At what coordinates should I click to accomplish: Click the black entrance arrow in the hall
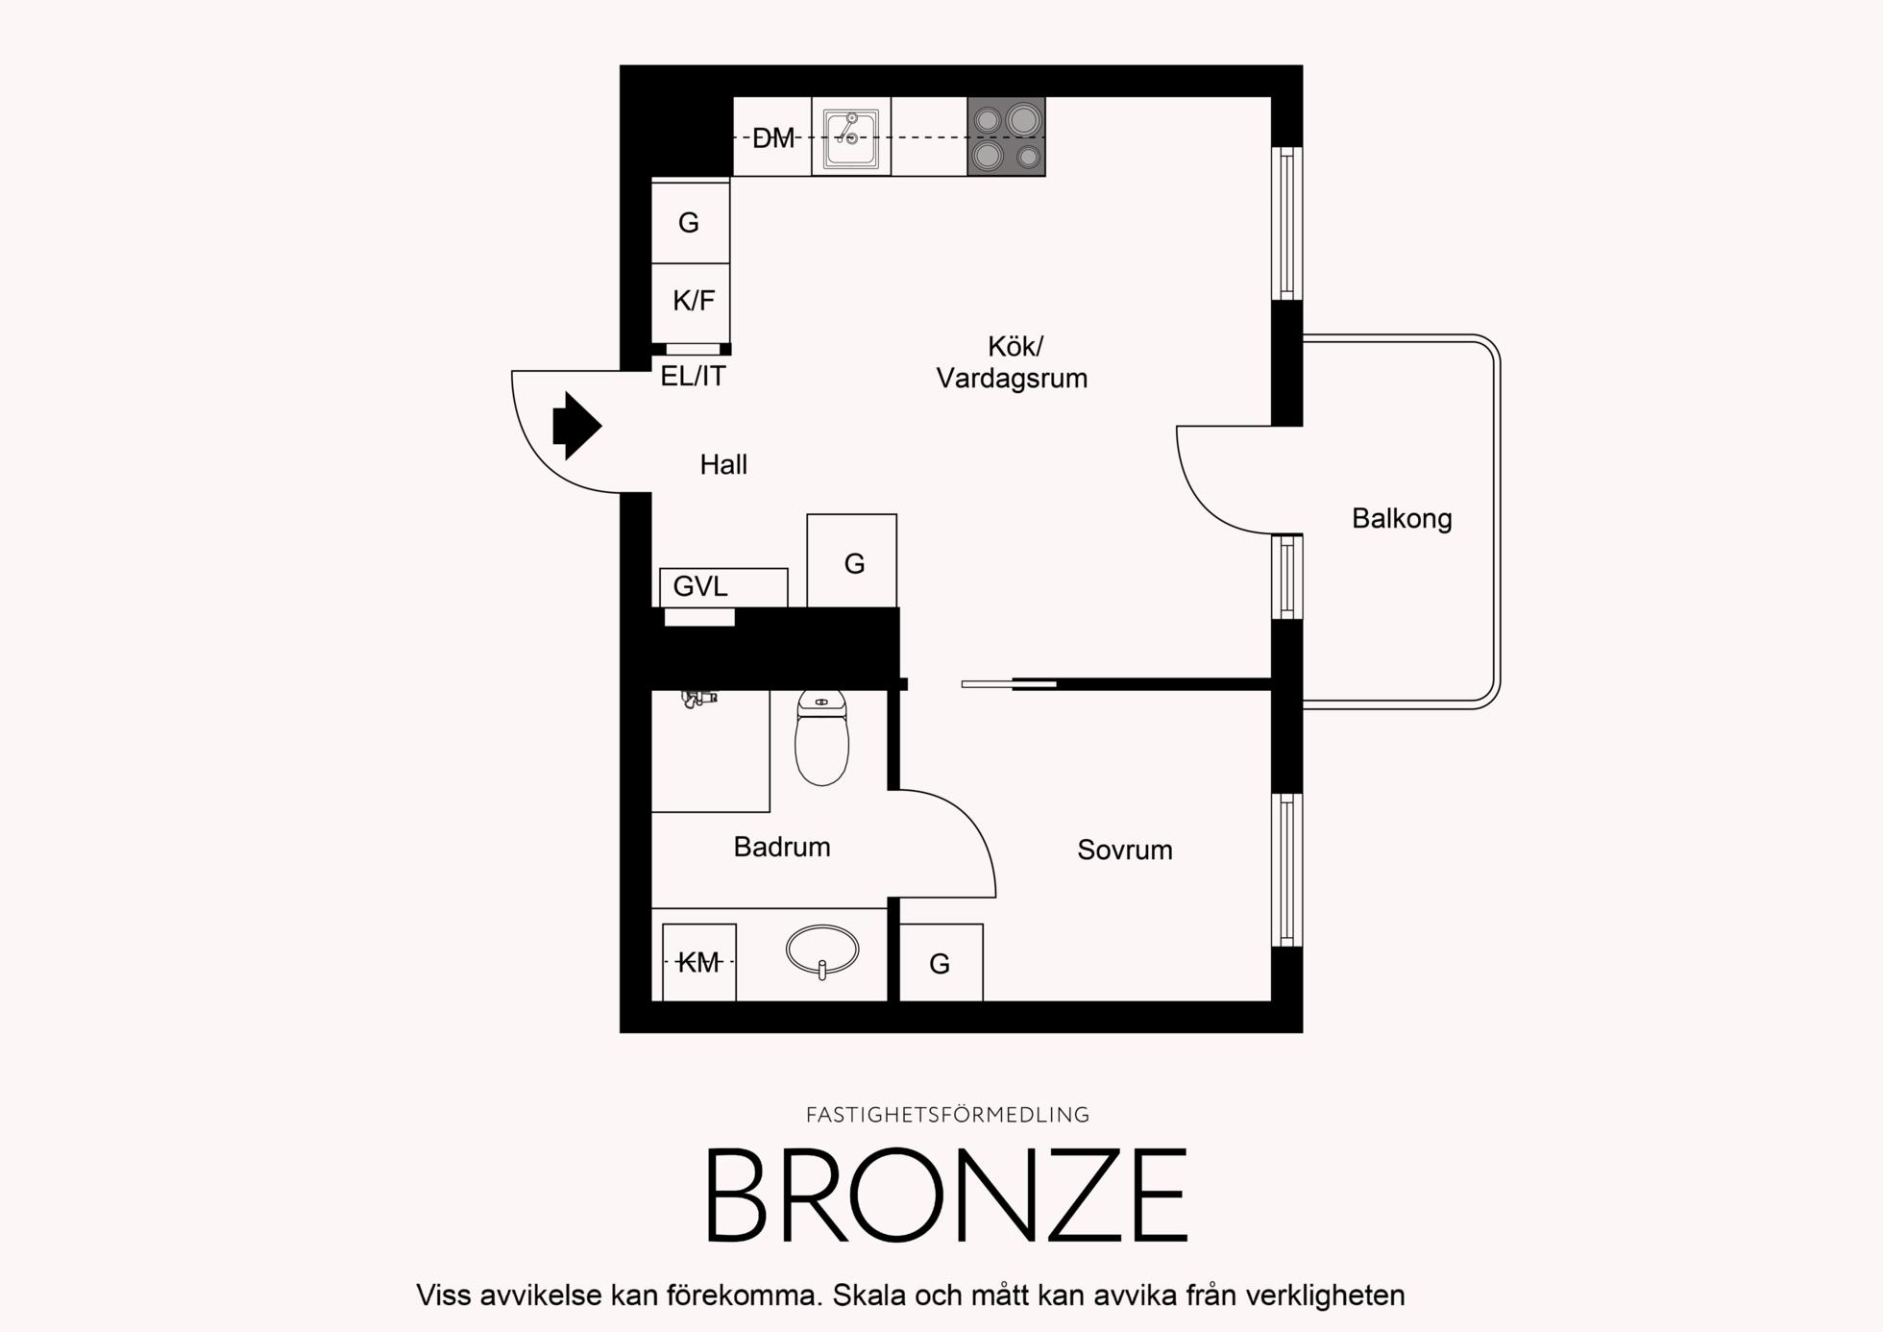point(576,425)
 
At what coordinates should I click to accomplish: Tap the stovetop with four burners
point(1006,136)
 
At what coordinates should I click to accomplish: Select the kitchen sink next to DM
point(851,137)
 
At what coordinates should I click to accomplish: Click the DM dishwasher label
point(773,138)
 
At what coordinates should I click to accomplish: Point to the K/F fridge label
point(694,301)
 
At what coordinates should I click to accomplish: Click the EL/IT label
point(693,376)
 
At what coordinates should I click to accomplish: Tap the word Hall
point(723,465)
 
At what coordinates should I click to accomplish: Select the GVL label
point(700,586)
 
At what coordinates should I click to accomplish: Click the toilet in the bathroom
point(821,737)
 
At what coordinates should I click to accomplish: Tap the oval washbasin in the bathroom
point(822,950)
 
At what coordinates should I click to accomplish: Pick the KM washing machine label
point(698,962)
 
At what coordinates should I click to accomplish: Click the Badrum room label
point(782,847)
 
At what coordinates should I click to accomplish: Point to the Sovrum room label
point(1125,851)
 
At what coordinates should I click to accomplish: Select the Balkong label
point(1402,519)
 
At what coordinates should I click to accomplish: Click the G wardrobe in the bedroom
point(941,963)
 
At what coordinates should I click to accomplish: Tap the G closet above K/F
point(690,222)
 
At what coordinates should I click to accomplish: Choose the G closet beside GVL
point(852,561)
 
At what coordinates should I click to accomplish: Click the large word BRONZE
point(947,1196)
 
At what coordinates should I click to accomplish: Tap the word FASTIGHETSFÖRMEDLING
point(947,1115)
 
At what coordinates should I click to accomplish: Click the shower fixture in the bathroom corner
point(699,699)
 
